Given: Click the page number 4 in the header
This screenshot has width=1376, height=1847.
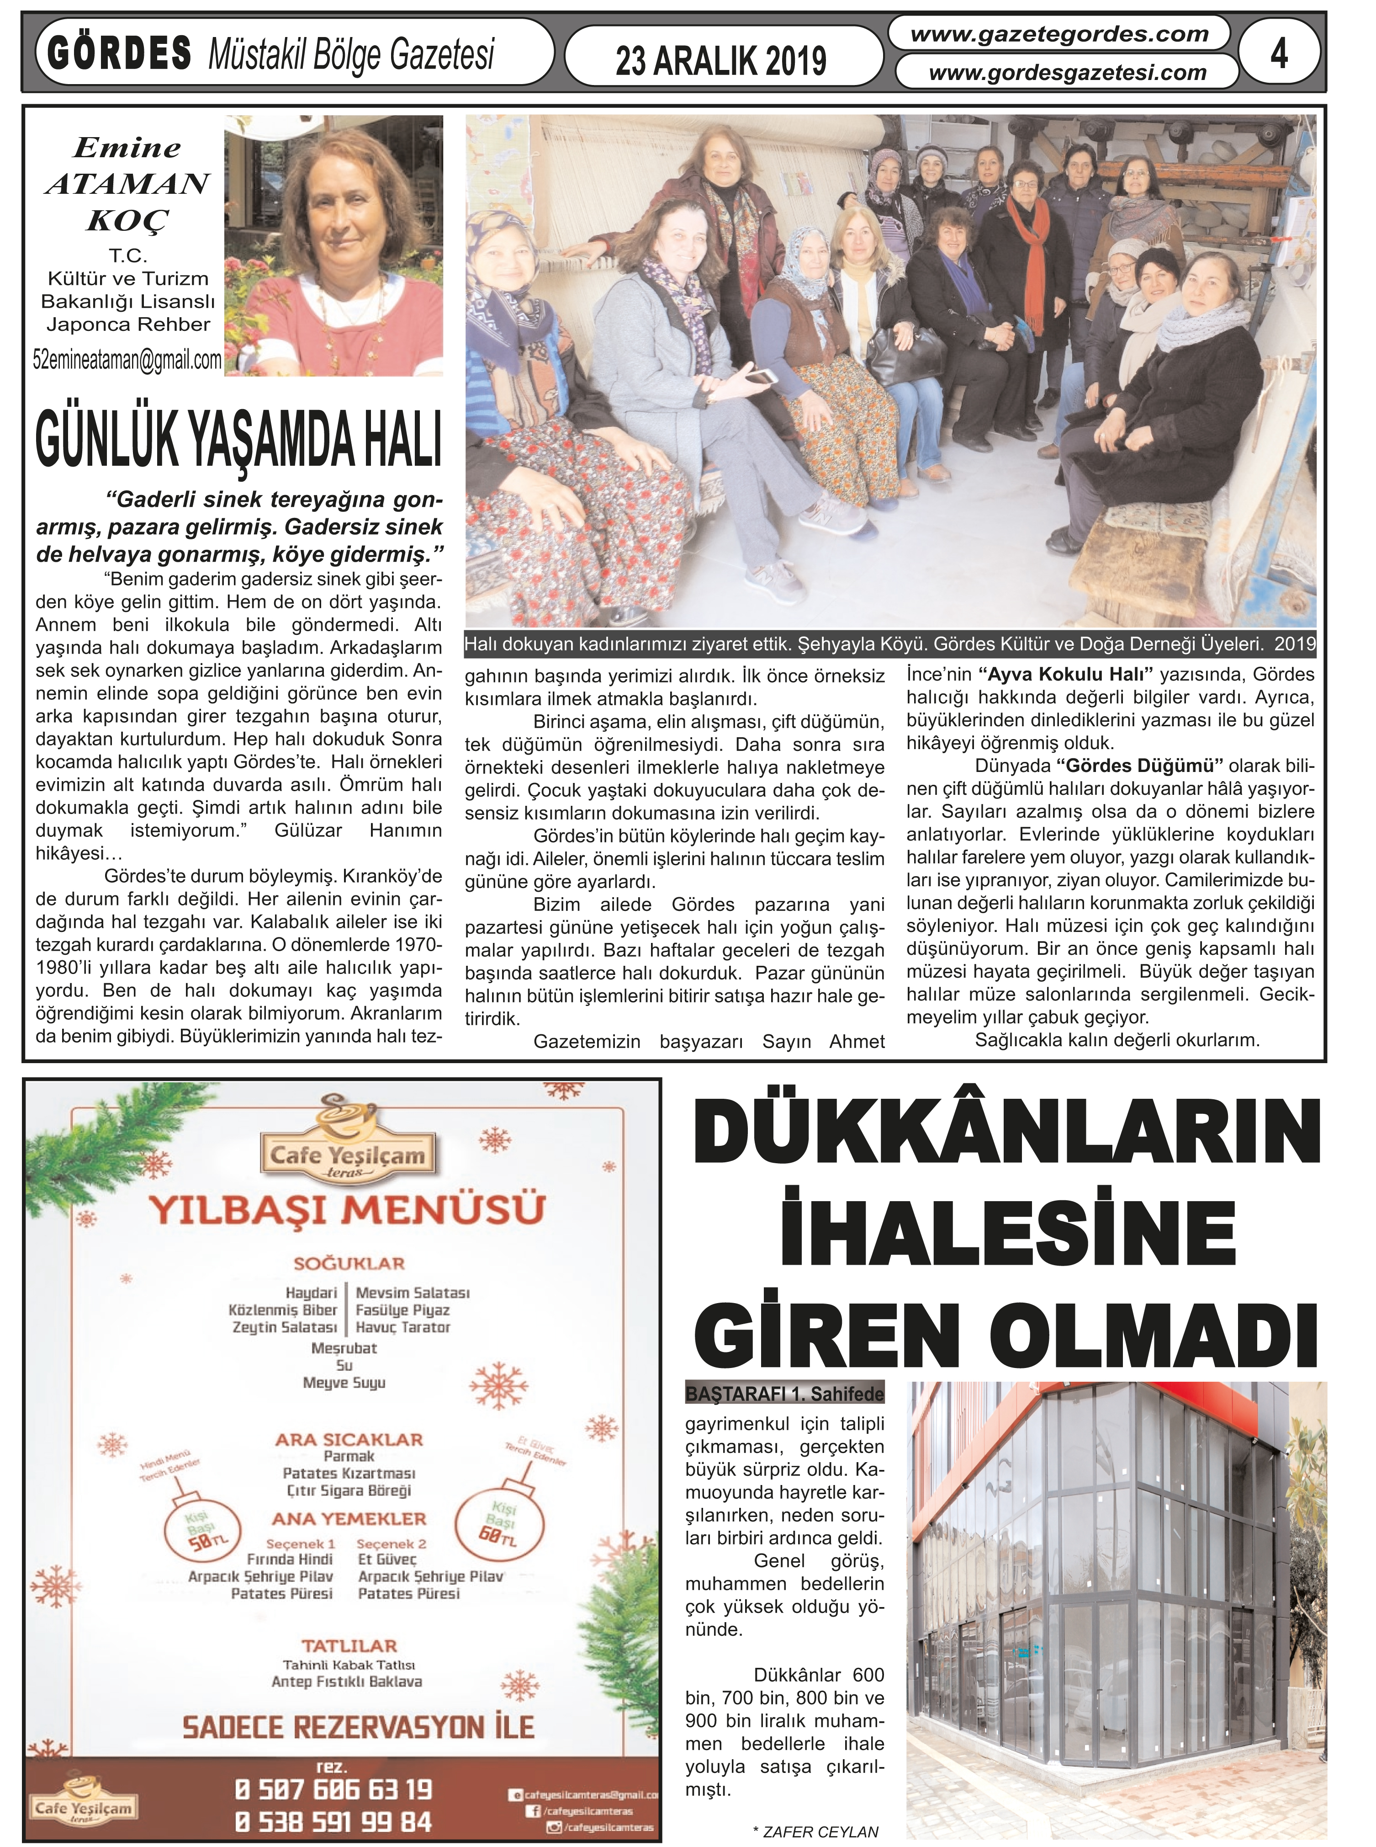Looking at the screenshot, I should point(1279,55).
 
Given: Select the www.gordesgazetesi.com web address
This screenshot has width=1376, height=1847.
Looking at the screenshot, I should point(1067,73).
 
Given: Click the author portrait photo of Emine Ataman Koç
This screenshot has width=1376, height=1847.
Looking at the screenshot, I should point(334,246).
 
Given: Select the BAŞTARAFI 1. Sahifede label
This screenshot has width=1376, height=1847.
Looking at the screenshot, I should point(784,1393).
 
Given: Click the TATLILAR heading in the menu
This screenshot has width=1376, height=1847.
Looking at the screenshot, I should point(349,1645).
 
